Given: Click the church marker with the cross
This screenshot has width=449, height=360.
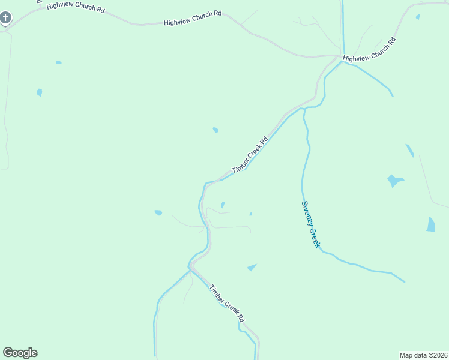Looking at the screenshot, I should [x=5, y=18].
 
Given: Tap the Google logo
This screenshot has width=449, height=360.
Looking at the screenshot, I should [x=20, y=353].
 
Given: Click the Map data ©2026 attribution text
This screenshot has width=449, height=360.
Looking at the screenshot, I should [x=423, y=355].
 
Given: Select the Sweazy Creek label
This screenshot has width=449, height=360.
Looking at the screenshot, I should [x=311, y=224].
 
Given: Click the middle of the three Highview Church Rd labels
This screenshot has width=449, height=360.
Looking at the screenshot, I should [x=193, y=17].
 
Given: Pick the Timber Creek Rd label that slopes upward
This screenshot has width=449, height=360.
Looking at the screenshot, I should [x=249, y=155].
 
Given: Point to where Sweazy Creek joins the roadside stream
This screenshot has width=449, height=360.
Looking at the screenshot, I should [x=304, y=109].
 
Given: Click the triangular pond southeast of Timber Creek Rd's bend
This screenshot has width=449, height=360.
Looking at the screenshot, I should [x=252, y=267].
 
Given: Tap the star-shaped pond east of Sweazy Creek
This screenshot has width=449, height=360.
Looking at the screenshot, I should [x=394, y=180].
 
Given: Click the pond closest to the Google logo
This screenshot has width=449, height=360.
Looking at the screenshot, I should [x=158, y=212].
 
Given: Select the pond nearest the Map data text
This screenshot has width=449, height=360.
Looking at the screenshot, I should [x=430, y=224].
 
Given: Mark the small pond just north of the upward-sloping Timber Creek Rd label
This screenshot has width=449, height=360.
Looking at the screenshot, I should [x=215, y=130].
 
